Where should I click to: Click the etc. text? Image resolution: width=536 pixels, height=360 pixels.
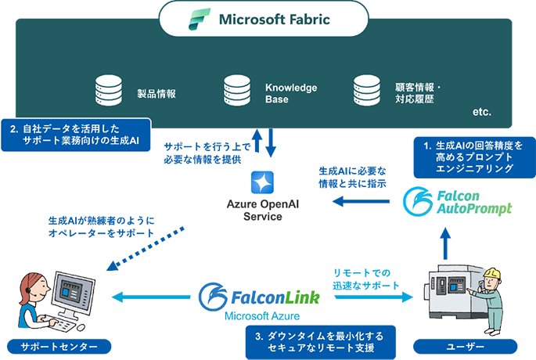point(482,113)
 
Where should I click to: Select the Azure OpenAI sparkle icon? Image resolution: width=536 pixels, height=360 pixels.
point(261,182)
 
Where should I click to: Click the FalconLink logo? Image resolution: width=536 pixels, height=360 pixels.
point(258,297)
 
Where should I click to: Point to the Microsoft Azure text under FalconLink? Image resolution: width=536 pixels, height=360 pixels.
point(258,316)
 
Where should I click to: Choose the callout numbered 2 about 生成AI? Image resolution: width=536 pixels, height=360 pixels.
point(77,134)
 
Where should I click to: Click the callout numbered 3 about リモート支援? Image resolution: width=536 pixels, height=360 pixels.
point(318,341)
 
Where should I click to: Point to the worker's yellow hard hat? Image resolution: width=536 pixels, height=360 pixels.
point(491,273)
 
